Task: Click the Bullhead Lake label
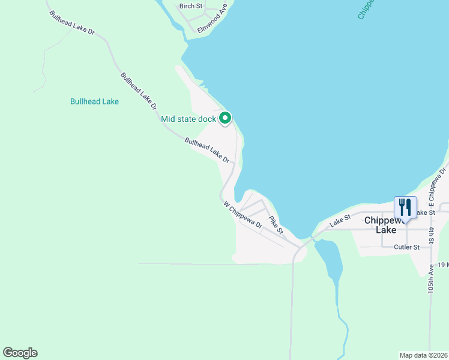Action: [x=94, y=101]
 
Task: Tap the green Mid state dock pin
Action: [x=225, y=119]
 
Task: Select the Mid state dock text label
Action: [x=188, y=119]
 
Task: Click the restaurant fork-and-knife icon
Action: [x=405, y=208]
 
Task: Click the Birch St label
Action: [x=191, y=6]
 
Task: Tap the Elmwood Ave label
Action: [x=213, y=19]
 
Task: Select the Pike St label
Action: [x=276, y=225]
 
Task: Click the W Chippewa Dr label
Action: [x=243, y=215]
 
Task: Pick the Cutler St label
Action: [x=406, y=247]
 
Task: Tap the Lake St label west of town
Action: [x=339, y=222]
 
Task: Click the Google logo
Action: [x=20, y=353]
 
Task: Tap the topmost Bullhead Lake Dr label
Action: [x=72, y=22]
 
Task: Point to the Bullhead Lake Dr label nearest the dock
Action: [x=207, y=151]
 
